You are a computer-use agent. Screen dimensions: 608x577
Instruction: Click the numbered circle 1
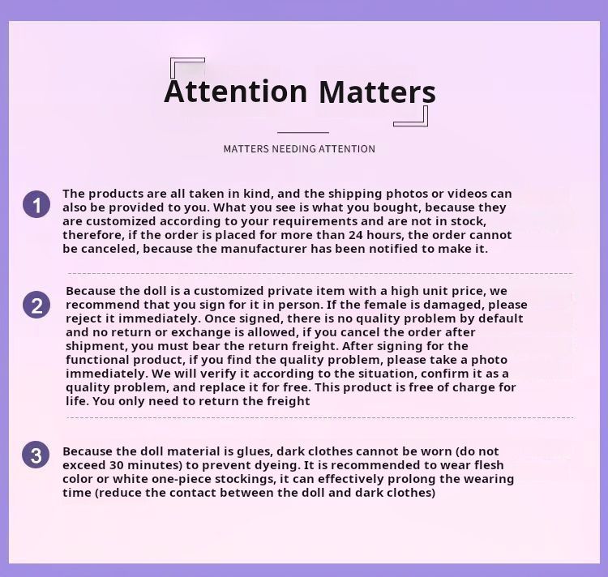(x=36, y=204)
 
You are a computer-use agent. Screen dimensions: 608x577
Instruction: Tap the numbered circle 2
(x=36, y=305)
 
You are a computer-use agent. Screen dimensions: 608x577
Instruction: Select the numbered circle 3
(x=36, y=455)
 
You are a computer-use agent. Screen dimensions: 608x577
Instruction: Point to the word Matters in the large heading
(x=377, y=92)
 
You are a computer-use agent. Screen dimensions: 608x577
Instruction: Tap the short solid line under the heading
(x=303, y=133)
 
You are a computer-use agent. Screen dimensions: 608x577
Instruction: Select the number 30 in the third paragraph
(x=116, y=464)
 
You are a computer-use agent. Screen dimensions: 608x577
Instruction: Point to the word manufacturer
(x=263, y=249)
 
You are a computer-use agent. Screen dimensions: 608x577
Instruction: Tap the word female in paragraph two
(x=394, y=304)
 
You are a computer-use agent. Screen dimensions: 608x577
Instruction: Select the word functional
(x=98, y=360)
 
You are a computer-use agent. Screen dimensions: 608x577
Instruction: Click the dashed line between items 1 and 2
(x=320, y=274)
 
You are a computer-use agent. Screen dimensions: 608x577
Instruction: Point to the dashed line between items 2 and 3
(x=320, y=418)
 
